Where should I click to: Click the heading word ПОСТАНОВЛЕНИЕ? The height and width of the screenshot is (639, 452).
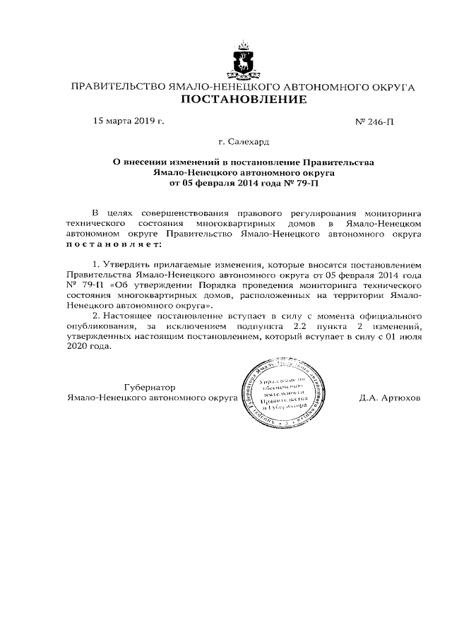point(244,100)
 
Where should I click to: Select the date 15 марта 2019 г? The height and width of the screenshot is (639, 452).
point(129,121)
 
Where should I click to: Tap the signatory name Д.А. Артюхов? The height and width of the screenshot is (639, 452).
point(390,398)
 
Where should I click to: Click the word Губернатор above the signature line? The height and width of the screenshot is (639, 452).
point(150,388)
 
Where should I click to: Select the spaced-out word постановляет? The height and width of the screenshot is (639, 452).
point(113,244)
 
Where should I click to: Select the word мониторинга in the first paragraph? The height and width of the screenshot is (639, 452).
point(392,212)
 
